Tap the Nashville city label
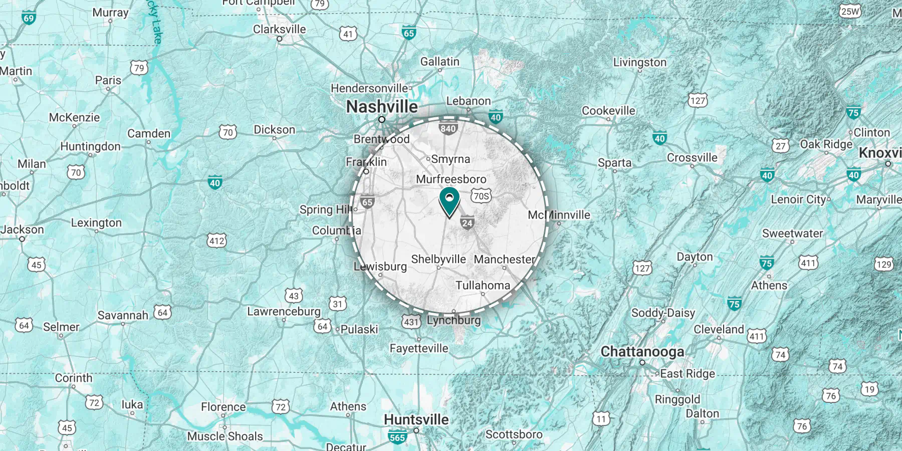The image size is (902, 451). point(382,107)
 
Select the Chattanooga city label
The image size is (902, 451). point(642,352)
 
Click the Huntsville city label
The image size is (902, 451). point(416,419)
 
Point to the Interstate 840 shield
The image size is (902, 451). point(448,128)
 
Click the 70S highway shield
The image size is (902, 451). point(481,196)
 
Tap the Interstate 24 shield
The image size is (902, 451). point(467,223)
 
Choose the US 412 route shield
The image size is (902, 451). point(217,241)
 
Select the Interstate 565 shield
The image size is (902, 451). point(397,437)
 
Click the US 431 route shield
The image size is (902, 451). point(411,322)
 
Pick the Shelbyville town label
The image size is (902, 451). point(438,259)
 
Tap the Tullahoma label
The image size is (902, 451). point(483,285)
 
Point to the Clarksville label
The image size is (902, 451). point(279,29)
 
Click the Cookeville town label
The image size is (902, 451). point(608,111)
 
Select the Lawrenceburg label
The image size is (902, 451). point(284,311)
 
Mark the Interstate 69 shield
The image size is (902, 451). point(29,19)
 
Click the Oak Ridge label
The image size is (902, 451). point(826,144)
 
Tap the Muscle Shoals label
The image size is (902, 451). point(225,436)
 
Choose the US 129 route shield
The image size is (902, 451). point(884,264)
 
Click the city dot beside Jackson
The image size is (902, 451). point(22,239)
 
